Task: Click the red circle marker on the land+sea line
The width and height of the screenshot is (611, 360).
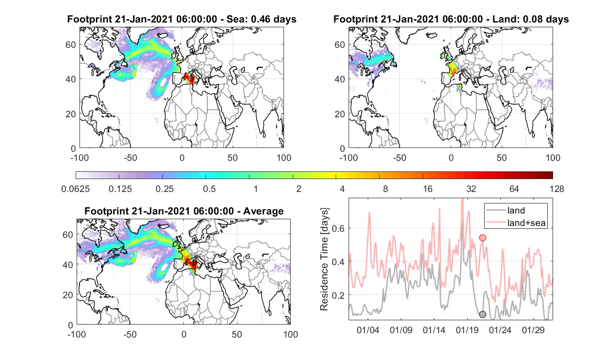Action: [x=483, y=238]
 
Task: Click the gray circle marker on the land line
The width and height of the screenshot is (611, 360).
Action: [x=483, y=315]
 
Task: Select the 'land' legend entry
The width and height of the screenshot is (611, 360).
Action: [x=516, y=210]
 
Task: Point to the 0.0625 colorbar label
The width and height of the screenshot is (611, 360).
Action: [x=76, y=189]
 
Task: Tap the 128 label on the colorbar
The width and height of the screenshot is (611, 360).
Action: [x=557, y=189]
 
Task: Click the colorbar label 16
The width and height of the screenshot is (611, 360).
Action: [x=428, y=189]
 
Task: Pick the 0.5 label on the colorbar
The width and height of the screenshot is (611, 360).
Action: [x=209, y=189]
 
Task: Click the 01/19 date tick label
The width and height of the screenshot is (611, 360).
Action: [x=467, y=330]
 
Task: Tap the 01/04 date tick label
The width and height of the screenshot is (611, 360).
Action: [x=368, y=330]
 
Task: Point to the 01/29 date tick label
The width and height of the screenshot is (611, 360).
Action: [x=533, y=330]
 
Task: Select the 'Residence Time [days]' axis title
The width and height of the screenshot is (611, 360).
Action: [x=324, y=259]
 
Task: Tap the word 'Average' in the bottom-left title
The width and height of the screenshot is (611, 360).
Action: [x=263, y=211]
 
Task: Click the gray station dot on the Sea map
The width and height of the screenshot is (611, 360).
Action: [x=193, y=70]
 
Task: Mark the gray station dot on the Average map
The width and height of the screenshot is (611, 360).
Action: [x=196, y=257]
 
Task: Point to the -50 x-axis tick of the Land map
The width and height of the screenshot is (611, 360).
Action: [x=400, y=157]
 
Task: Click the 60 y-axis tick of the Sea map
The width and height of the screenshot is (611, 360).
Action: [x=70, y=45]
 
